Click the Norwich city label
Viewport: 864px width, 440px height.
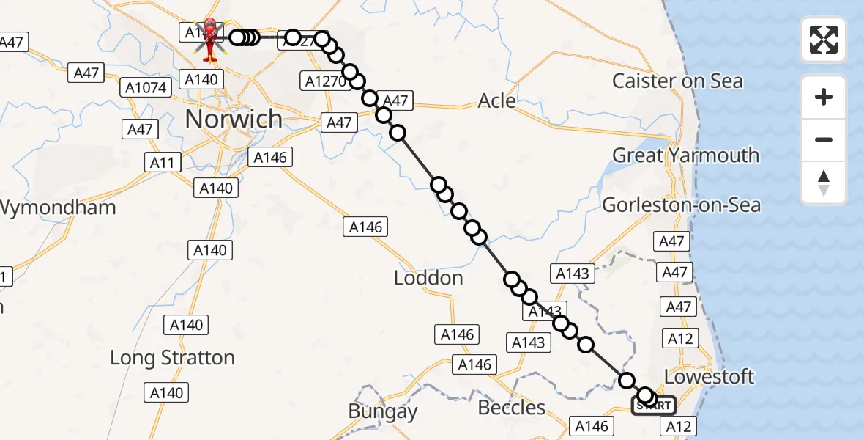point(234,119)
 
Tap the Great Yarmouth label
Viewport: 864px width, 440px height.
point(685,155)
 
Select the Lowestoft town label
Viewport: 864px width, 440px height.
point(709,377)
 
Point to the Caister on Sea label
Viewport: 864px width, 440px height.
point(677,81)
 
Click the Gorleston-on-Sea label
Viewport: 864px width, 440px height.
point(681,205)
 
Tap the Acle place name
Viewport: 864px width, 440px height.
point(496,100)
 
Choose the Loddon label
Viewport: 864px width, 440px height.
point(428,279)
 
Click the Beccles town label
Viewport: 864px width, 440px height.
point(512,408)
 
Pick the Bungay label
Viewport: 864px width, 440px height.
point(382,412)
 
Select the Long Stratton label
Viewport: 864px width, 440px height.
point(172,358)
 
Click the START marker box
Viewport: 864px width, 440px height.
point(654,406)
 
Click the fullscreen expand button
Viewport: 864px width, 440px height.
point(824,40)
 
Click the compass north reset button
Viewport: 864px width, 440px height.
point(824,183)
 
